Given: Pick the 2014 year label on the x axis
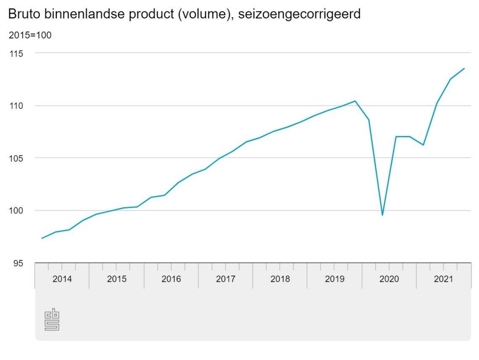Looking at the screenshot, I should [62, 279].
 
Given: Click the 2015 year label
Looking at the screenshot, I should [116, 279].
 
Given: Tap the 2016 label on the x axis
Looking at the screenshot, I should [171, 279].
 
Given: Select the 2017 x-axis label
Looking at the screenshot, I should [226, 279].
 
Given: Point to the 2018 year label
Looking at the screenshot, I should [280, 279].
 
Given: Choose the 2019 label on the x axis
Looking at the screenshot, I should [334, 279].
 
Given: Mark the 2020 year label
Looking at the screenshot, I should [389, 279].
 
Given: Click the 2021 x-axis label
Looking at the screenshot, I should [443, 279].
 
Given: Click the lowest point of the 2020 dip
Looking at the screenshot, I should [382, 215].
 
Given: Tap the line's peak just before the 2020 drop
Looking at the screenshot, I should [355, 101].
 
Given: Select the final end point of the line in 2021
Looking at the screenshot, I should [464, 68].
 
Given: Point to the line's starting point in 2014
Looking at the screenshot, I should [42, 238].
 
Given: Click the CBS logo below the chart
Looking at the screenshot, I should [52, 320].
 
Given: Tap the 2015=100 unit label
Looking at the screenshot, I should [30, 35].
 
